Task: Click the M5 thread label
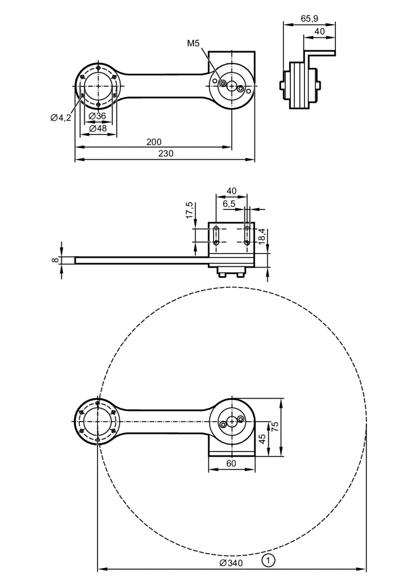(193, 44)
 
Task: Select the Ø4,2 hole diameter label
(61, 118)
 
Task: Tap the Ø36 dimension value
(97, 116)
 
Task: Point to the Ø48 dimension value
(98, 128)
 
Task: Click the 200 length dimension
(154, 142)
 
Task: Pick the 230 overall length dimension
(166, 154)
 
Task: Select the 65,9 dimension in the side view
(309, 19)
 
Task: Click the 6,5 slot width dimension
(229, 204)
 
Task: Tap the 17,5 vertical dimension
(190, 210)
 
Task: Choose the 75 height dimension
(275, 426)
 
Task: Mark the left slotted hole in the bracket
(216, 235)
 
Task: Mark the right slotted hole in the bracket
(247, 235)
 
